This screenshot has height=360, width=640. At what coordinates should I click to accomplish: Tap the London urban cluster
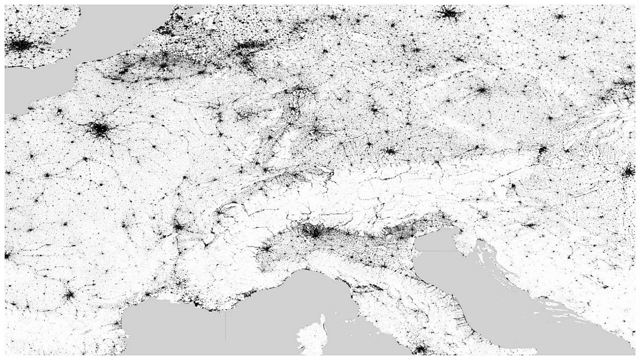[x=21, y=45]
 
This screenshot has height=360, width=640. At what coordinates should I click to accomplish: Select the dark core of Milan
[x=313, y=231]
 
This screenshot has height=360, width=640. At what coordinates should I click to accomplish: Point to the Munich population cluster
[x=390, y=151]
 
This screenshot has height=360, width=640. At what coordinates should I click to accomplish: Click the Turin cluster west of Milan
[x=266, y=247]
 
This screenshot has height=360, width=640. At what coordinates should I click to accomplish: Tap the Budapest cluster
[x=628, y=172]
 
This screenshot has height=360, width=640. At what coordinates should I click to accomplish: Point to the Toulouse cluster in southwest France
[x=69, y=295]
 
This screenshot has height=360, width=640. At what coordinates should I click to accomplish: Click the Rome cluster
[x=421, y=349]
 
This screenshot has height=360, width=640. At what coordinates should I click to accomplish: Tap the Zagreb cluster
[x=530, y=225]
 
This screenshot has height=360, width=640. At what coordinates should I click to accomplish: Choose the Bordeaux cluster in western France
[x=7, y=255]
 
